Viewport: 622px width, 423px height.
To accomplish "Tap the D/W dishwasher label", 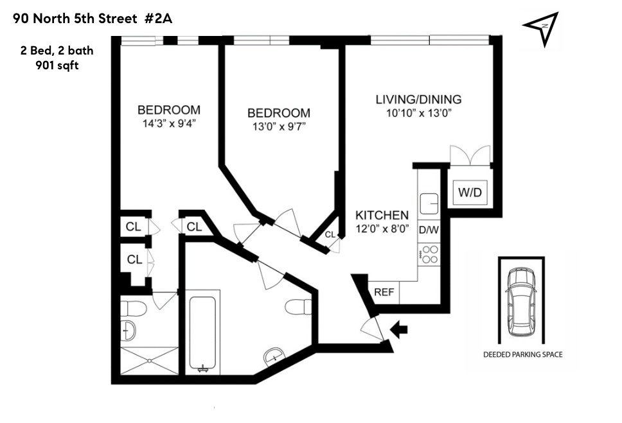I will [x=428, y=229].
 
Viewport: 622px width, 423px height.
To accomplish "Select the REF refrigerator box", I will [x=384, y=292].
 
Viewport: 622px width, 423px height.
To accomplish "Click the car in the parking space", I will [x=521, y=301].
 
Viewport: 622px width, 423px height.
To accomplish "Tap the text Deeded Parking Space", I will [x=522, y=354].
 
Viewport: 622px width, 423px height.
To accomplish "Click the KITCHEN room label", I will [x=382, y=215].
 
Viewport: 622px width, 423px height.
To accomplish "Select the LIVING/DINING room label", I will [x=418, y=99].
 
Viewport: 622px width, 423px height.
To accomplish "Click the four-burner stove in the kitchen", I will [x=429, y=255].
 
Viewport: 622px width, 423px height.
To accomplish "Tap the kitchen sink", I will [x=429, y=203].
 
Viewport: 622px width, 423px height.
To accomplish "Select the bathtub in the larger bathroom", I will [x=205, y=333].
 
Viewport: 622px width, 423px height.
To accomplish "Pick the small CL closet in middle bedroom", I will [x=330, y=235].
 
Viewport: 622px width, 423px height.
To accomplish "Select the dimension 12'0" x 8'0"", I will [x=382, y=228].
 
